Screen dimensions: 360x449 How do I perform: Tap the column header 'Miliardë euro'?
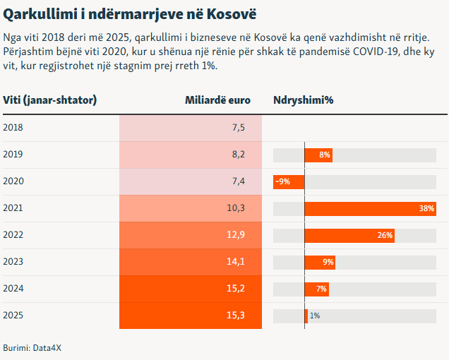217,100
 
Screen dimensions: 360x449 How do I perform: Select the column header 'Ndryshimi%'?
303,100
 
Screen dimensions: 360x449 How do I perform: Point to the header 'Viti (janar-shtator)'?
50,100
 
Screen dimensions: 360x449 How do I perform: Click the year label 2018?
13,128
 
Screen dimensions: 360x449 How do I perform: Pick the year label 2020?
13,181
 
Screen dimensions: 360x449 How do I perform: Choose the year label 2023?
13,262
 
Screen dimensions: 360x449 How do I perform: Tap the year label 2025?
13,316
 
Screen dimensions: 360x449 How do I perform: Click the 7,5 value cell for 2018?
238,128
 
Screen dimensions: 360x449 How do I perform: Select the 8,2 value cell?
238,155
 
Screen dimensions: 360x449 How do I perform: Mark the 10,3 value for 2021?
236,208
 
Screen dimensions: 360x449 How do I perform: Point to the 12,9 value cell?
236,235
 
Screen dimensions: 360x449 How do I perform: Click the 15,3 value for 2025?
236,316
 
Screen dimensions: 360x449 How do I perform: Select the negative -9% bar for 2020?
289,181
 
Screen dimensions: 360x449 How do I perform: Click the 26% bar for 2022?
349,236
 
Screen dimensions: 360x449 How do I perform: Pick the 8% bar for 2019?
318,155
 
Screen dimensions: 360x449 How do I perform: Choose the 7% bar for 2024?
317,289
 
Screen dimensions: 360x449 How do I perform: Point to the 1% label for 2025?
315,316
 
